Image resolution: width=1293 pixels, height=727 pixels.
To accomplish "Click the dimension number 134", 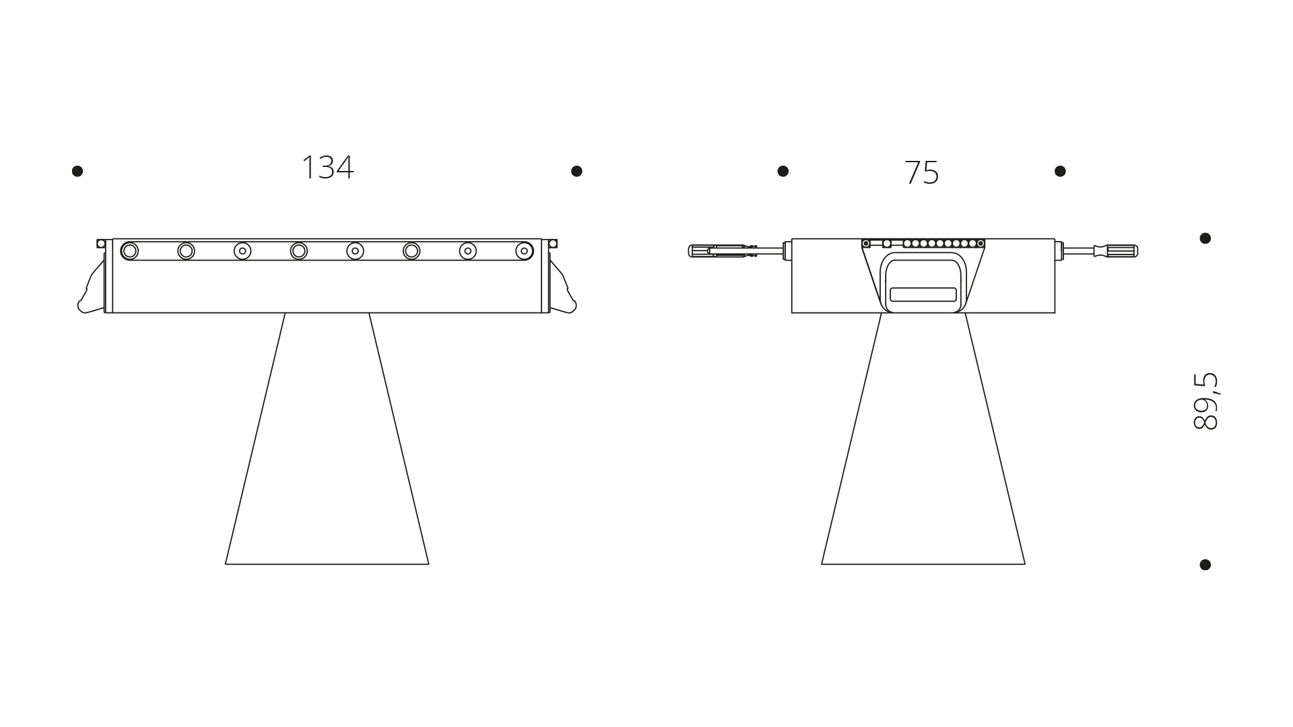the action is [x=327, y=168].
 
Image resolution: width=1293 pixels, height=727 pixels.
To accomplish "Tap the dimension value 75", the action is [x=921, y=173].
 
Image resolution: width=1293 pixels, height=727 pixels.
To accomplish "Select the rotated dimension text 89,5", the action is [x=1205, y=401].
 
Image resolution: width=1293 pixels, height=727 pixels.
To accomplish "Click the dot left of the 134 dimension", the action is [x=77, y=171].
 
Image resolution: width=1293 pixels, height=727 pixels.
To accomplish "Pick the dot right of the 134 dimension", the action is [x=576, y=171].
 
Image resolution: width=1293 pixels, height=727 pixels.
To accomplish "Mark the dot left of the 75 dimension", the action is [x=783, y=171].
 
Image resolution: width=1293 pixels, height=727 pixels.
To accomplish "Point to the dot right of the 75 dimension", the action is [x=1060, y=171].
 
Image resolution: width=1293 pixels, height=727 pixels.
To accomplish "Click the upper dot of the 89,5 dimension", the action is [x=1205, y=238].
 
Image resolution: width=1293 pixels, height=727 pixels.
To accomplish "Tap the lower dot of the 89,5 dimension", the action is [x=1205, y=565].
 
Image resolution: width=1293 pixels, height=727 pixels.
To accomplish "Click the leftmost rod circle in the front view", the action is [x=130, y=251].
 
